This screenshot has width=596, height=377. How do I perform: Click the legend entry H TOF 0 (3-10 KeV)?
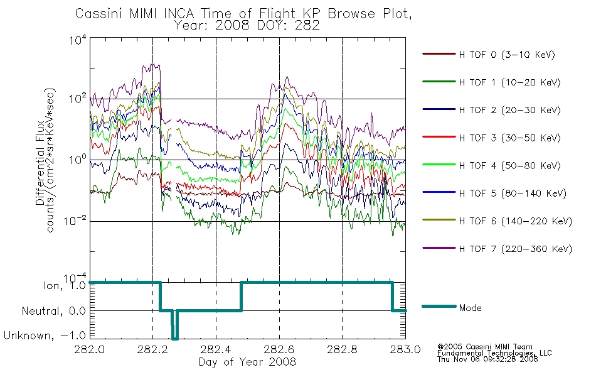point(507,55)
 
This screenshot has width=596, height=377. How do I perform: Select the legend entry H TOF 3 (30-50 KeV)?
point(509,138)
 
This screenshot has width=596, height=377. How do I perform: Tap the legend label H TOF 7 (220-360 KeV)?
point(516,249)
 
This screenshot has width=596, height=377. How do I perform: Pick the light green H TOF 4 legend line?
point(439,165)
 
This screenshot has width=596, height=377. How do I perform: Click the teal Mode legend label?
point(470,308)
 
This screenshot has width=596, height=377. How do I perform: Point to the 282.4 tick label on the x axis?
point(216,349)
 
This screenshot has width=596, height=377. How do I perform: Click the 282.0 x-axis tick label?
point(89,349)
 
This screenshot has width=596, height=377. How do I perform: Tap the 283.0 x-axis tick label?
point(405,349)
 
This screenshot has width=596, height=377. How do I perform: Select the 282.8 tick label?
point(342,349)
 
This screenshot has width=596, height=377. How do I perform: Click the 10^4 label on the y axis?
point(78,40)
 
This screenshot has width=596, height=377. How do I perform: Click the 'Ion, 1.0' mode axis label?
point(65,285)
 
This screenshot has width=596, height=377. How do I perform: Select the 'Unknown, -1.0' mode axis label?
point(45,336)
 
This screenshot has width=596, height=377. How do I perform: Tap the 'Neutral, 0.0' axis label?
point(53,311)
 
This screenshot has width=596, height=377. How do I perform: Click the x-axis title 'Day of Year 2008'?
point(247,362)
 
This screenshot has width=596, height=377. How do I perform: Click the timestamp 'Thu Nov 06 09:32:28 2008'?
point(487,359)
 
